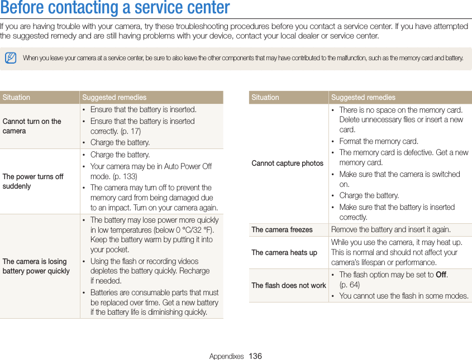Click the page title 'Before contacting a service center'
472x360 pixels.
115,8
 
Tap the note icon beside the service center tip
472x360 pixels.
11,58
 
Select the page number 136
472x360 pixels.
255,356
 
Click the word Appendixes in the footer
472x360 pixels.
226,356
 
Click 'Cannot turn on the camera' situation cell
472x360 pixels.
32,126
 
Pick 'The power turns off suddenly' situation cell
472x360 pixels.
33,181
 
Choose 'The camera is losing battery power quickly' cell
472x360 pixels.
36,266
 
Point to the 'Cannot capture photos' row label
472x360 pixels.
287,164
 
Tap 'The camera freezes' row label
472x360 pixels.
282,230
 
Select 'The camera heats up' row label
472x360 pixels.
284,252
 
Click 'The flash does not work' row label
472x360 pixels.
288,286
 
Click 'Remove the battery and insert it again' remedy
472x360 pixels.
390,230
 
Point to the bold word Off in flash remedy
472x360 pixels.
441,275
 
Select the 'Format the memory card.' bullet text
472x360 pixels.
379,142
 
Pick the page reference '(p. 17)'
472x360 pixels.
130,132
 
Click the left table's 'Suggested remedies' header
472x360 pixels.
114,98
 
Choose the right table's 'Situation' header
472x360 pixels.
265,98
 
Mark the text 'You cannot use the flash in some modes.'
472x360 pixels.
403,296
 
